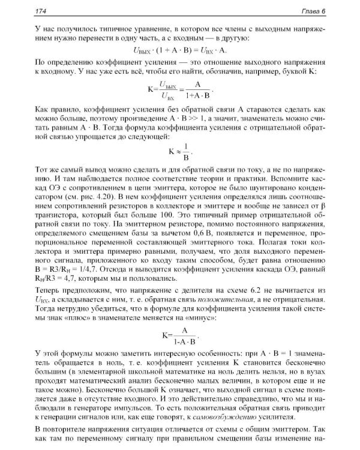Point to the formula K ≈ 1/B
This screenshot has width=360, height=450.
click(181, 149)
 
